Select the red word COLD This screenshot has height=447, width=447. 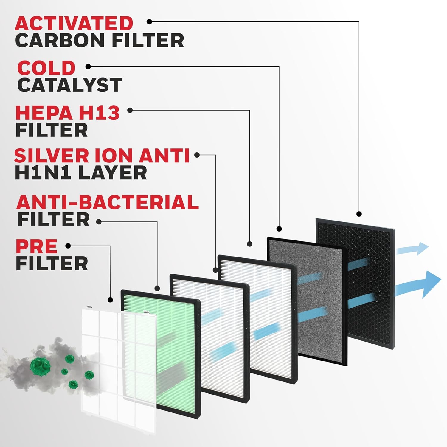coord(46,68)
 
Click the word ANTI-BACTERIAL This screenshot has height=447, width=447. coord(108,202)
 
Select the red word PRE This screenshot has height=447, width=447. coord(36,246)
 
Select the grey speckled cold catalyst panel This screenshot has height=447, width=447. coord(307,301)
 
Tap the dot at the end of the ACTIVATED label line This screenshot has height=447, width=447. coord(150,21)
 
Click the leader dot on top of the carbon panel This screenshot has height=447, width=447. coord(359,214)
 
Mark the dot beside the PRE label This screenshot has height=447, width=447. coord(68,246)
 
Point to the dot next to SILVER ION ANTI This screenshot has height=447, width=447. coord(197,155)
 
